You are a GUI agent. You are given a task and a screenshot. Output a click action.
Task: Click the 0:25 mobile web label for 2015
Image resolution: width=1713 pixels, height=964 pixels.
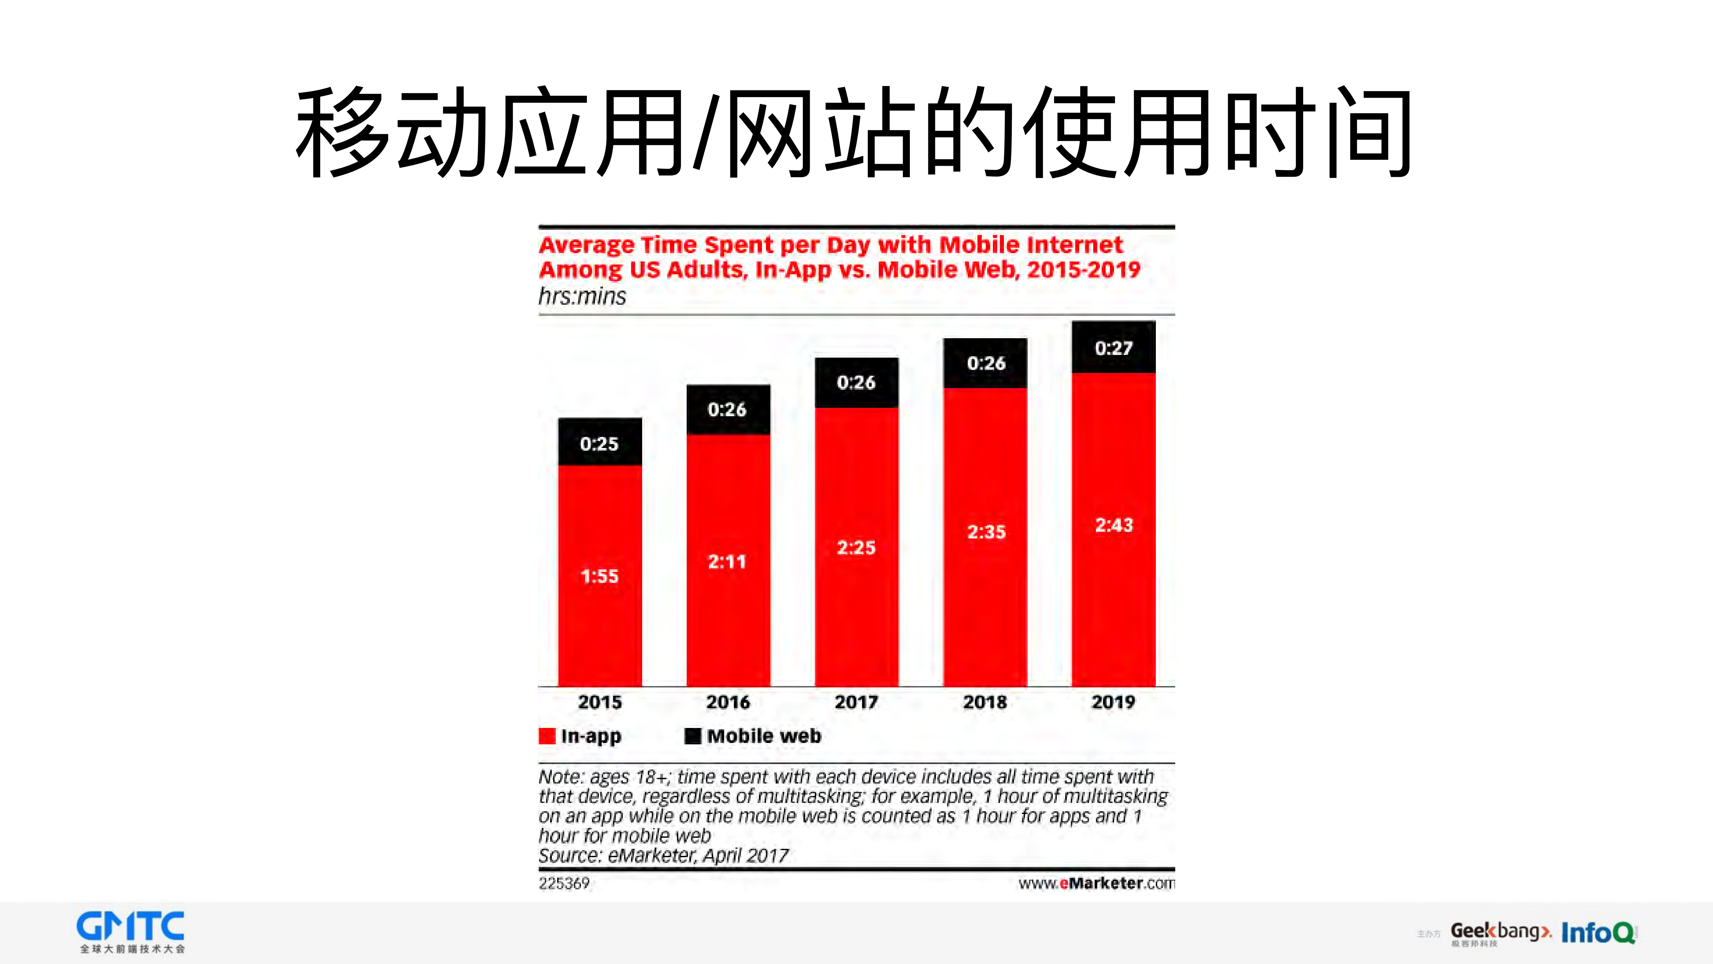click(x=599, y=444)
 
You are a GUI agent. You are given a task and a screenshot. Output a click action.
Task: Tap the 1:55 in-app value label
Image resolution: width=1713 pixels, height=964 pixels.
click(x=599, y=576)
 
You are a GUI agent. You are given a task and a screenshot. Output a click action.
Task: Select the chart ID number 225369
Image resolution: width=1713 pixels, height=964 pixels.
click(x=564, y=884)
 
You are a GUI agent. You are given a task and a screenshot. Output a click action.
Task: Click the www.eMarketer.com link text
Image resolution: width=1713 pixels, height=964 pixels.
click(x=1096, y=884)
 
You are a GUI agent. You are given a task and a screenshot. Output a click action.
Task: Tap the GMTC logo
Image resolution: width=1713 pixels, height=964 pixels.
click(x=131, y=932)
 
